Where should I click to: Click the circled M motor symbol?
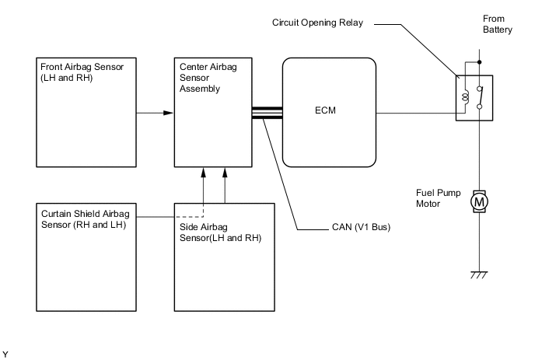tap(479, 203)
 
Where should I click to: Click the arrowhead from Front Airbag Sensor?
tap(167, 113)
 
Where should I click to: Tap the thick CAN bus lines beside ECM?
tap(266, 113)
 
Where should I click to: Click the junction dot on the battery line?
tap(479, 61)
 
